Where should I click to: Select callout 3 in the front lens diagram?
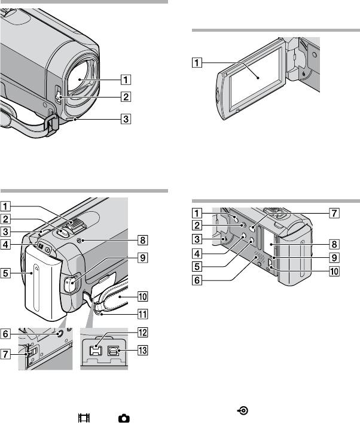124,118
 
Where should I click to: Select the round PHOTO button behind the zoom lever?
60,235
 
